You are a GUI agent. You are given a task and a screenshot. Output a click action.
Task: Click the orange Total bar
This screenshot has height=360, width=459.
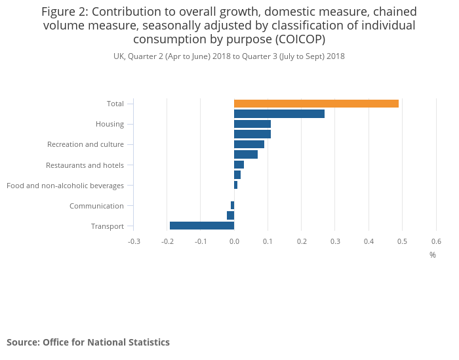[316, 104]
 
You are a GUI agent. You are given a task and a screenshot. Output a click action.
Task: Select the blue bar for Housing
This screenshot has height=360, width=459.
[252, 124]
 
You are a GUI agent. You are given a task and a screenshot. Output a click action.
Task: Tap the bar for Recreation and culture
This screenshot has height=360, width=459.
[249, 144]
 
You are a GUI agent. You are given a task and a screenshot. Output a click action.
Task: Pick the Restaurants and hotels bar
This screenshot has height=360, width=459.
[239, 165]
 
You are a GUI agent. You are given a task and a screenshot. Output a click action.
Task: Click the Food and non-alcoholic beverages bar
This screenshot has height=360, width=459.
[235, 185]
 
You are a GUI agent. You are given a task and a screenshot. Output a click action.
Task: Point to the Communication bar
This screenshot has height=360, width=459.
[232, 205]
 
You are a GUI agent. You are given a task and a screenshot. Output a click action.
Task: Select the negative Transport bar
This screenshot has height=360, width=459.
[202, 226]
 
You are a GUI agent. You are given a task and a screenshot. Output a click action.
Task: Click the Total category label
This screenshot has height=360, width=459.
[115, 104]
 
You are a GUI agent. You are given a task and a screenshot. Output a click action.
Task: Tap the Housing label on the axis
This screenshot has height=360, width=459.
[110, 124]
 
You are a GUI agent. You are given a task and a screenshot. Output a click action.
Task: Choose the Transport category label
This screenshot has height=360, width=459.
[108, 226]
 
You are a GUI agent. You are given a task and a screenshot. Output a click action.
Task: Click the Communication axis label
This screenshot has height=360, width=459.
[96, 206]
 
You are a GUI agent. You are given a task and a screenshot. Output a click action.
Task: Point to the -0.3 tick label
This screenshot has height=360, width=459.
[133, 241]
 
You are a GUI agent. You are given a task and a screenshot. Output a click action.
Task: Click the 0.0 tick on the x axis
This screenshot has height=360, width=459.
[234, 241]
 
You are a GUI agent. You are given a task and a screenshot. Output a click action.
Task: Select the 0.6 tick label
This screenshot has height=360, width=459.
[436, 241]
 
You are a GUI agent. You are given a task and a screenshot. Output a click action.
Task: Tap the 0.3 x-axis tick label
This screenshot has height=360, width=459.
[335, 241]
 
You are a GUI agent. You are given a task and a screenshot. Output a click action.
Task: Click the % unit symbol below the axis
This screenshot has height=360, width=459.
[433, 254]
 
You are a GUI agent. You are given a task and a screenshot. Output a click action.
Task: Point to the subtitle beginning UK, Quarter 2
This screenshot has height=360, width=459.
[229, 56]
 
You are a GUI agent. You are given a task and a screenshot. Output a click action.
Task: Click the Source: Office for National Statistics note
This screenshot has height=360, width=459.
[88, 342]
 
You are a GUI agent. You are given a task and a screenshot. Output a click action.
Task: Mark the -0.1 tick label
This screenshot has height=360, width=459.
[201, 241]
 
